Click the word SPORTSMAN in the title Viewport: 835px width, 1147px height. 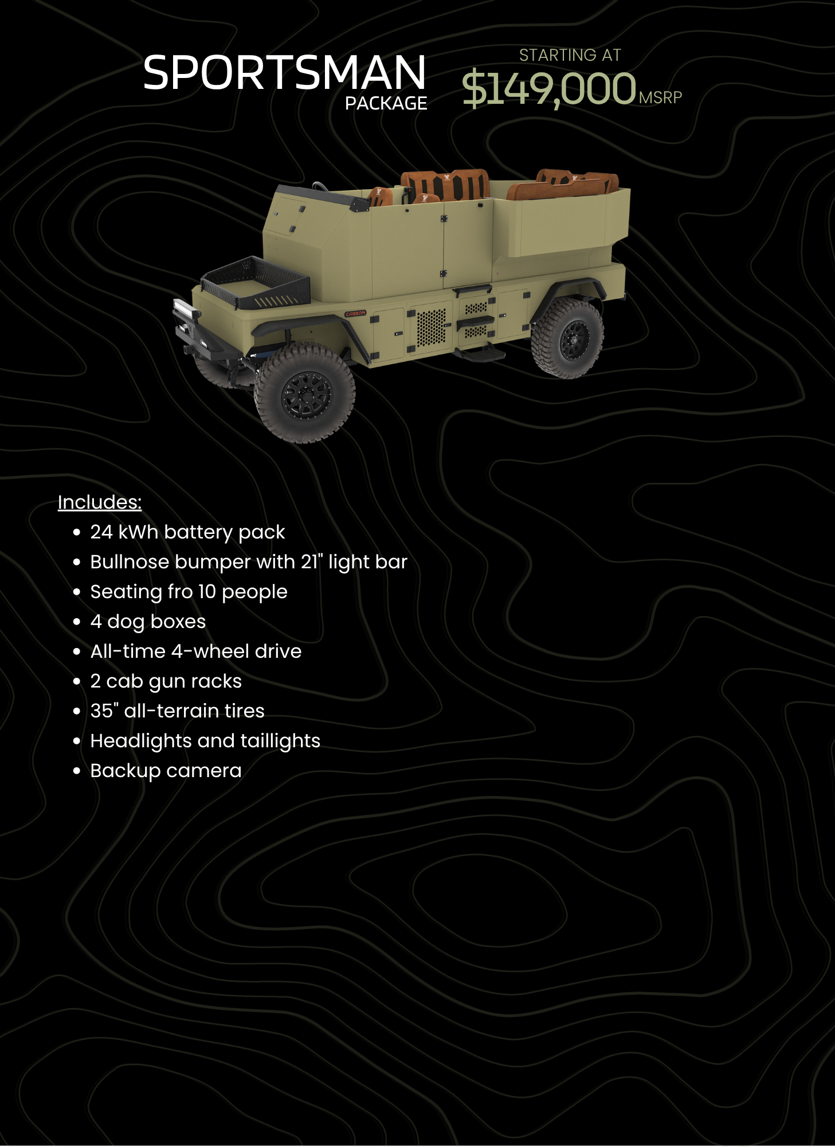click(x=284, y=72)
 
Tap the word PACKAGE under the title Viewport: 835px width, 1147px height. click(x=386, y=103)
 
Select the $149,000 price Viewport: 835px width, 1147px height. click(x=549, y=88)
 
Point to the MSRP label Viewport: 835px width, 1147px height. click(x=660, y=97)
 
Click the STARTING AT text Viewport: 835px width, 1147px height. click(x=570, y=55)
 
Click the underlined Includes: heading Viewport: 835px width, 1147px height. click(x=100, y=502)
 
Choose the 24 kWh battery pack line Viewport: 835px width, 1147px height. click(x=187, y=533)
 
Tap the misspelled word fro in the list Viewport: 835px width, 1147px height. click(x=180, y=591)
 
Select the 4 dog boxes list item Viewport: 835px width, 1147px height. click(x=148, y=622)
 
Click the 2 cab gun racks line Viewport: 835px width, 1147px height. click(x=166, y=681)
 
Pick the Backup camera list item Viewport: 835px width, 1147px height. click(x=166, y=771)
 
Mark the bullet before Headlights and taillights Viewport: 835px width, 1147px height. click(x=77, y=741)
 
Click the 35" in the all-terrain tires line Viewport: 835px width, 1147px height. click(x=104, y=711)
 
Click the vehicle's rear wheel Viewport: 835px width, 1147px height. click(x=567, y=338)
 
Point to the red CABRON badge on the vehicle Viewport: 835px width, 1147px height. click(x=355, y=314)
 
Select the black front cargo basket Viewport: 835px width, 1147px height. click(x=256, y=281)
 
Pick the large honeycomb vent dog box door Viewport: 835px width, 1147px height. click(x=430, y=327)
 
